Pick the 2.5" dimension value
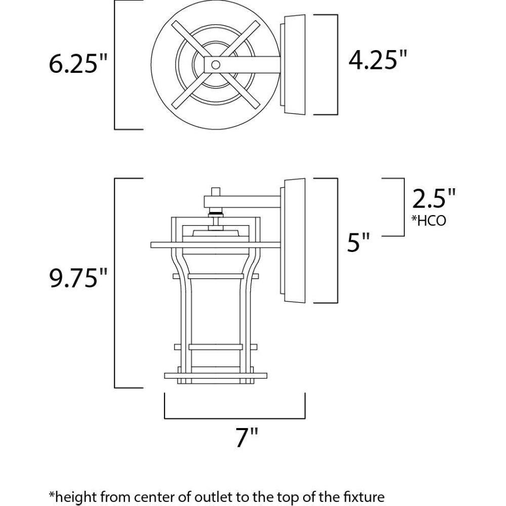coord(434,198)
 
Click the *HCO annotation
coord(429,221)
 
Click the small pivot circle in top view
coord(216,65)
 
